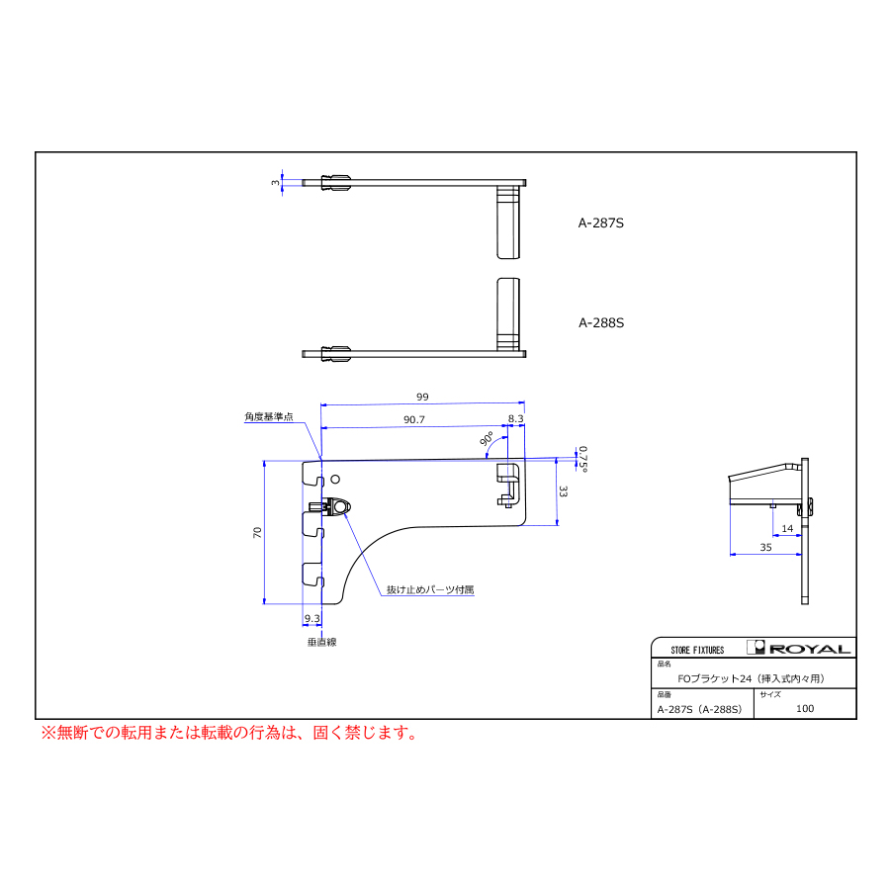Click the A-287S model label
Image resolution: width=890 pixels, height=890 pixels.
[600, 223]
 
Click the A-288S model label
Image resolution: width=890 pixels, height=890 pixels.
[601, 323]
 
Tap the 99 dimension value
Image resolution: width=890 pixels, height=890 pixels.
[422, 397]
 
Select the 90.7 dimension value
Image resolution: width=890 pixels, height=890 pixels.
[414, 419]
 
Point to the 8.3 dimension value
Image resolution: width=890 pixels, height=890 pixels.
[516, 418]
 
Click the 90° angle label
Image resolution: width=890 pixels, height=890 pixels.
[487, 439]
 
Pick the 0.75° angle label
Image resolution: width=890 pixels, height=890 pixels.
[582, 459]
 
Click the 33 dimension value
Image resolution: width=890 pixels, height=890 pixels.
[563, 491]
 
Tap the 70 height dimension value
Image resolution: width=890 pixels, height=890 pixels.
[257, 532]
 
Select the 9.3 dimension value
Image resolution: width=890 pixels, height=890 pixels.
[312, 618]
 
